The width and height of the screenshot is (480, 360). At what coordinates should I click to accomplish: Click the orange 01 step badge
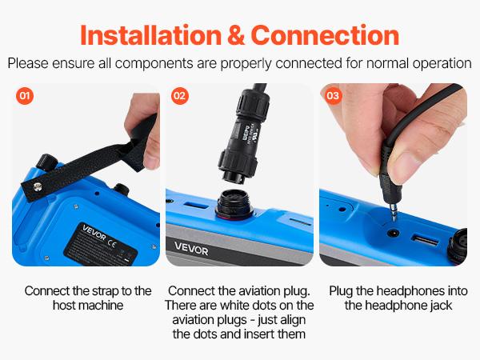(25, 96)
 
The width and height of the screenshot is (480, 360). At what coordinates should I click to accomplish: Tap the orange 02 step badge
(179, 96)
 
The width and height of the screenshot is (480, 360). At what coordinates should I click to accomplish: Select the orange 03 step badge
(333, 96)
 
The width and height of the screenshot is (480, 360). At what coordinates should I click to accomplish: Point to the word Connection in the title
(325, 35)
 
